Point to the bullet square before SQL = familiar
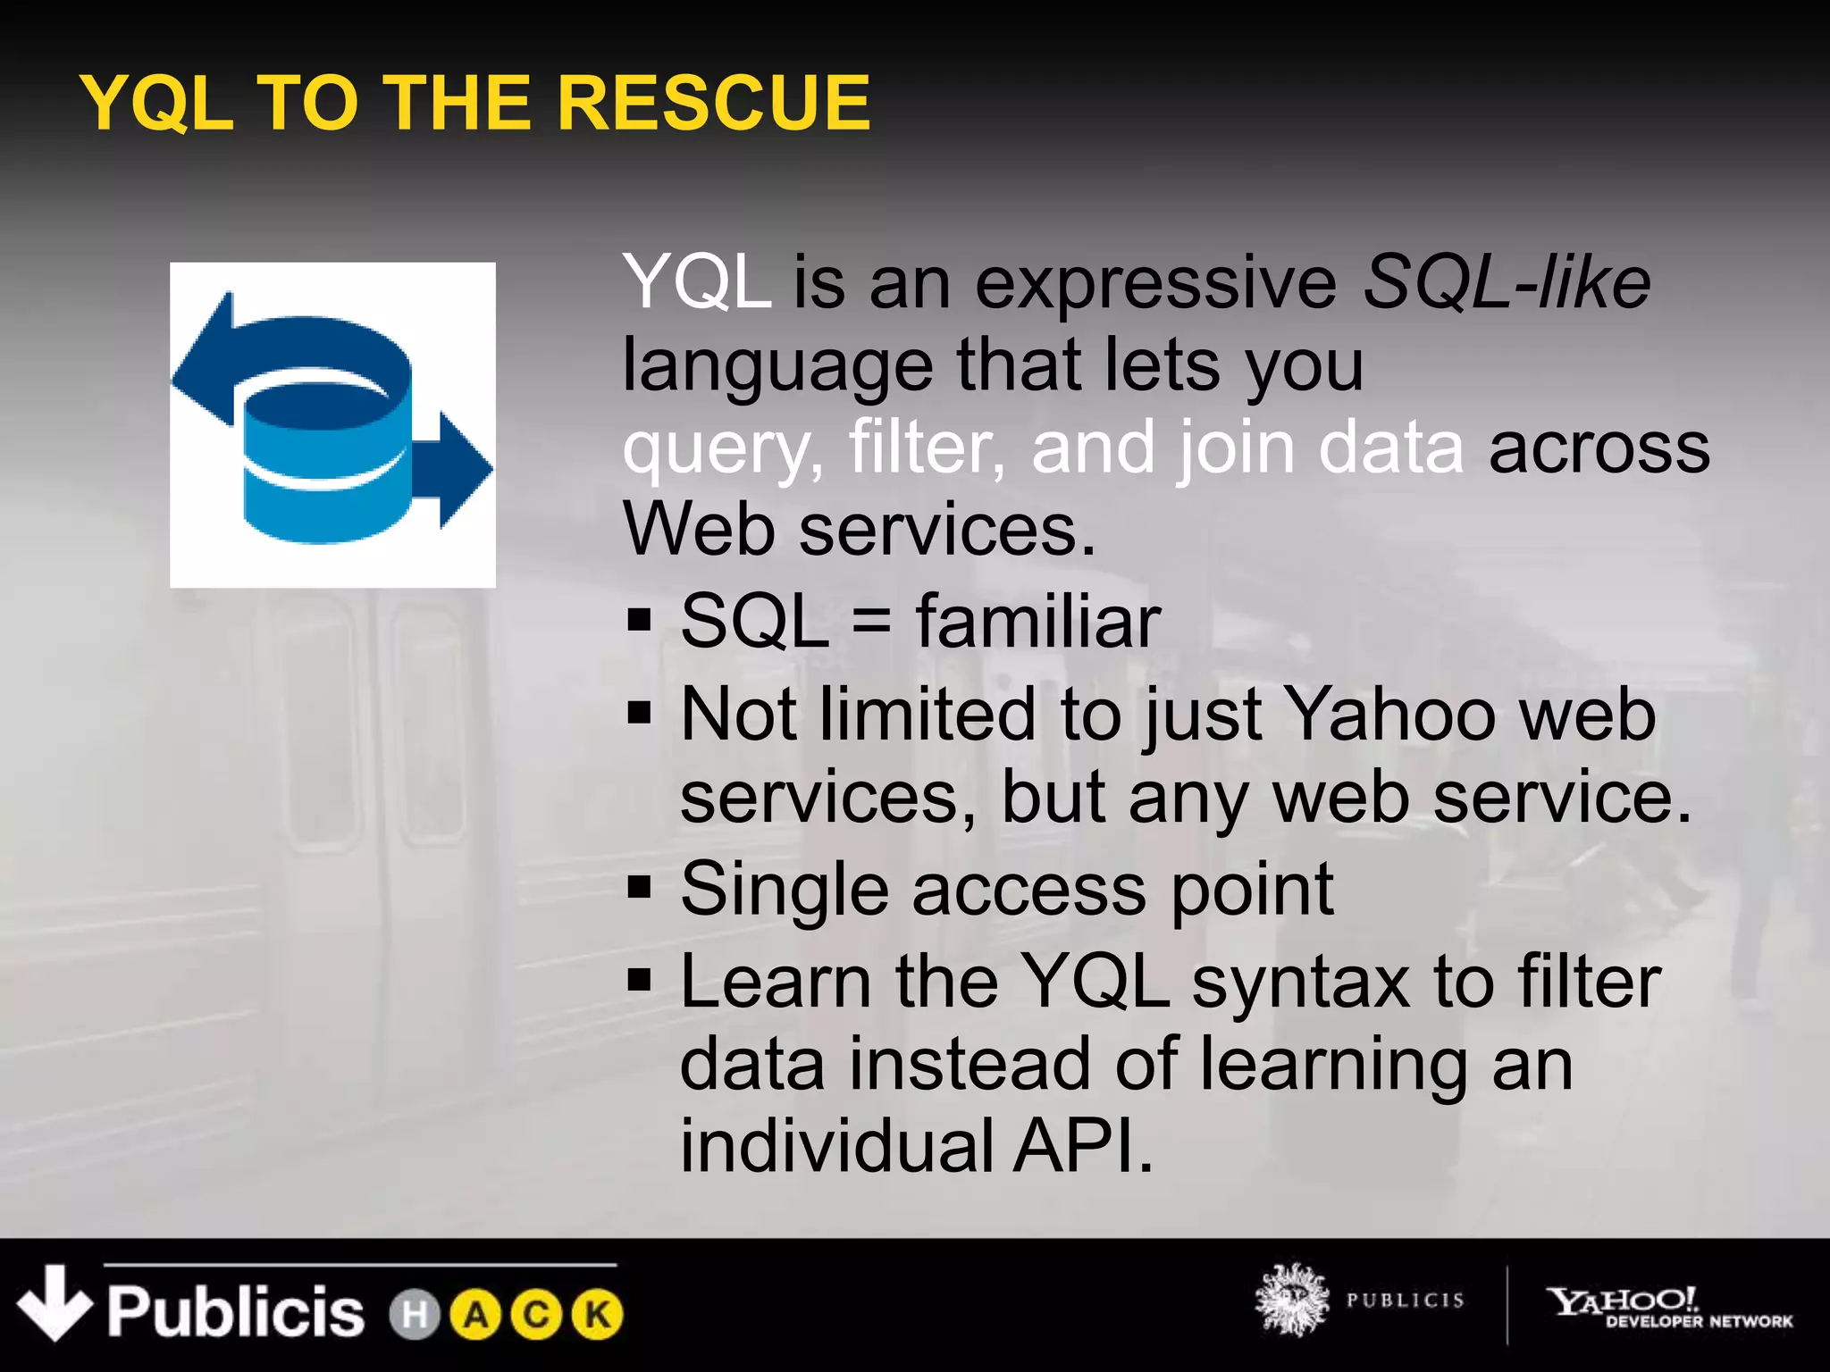[x=640, y=620]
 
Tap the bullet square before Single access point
[x=640, y=888]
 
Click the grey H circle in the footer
[x=415, y=1315]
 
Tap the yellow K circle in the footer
[x=597, y=1315]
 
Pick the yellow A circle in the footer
[x=475, y=1315]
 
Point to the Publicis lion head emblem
[x=1290, y=1301]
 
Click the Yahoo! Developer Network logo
[x=1667, y=1306]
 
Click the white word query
[x=722, y=448]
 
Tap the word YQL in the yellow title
[x=157, y=103]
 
